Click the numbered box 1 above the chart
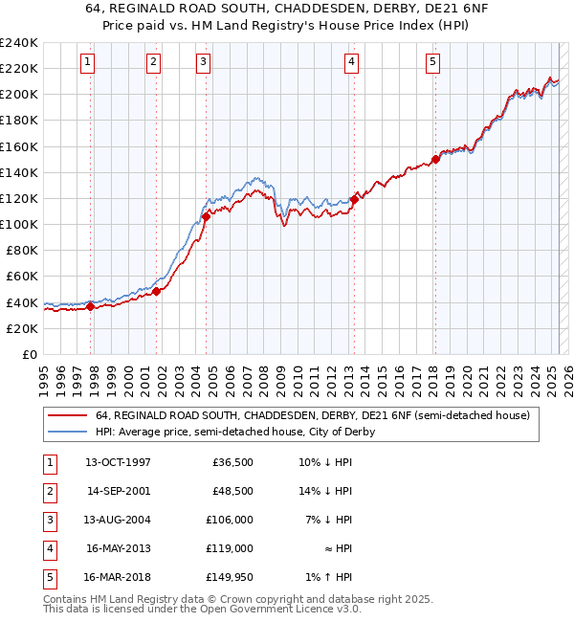pos(87,62)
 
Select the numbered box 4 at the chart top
pos(352,62)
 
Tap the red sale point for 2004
pos(206,217)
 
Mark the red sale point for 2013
pos(354,199)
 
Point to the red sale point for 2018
pos(435,160)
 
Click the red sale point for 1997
pos(90,307)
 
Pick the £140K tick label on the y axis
pos(18,172)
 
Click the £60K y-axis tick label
pos(21,277)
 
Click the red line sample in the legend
pos(67,415)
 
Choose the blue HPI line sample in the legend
pos(67,432)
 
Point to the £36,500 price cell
pos(231,461)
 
